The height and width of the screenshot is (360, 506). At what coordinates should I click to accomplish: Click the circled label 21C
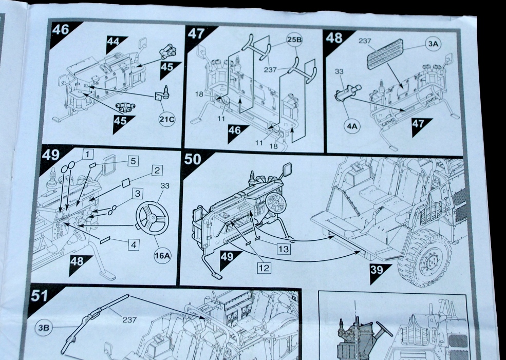(167, 120)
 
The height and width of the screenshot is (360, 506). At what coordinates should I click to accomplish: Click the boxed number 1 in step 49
(88, 154)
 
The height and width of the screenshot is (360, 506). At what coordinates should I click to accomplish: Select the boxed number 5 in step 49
(133, 161)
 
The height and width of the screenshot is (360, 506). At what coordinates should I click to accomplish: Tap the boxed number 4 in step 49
(134, 244)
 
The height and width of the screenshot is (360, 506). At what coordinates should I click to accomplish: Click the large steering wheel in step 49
(152, 218)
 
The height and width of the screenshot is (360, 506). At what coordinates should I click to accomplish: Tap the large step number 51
(40, 296)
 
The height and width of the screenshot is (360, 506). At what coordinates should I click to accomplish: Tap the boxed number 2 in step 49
(157, 169)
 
